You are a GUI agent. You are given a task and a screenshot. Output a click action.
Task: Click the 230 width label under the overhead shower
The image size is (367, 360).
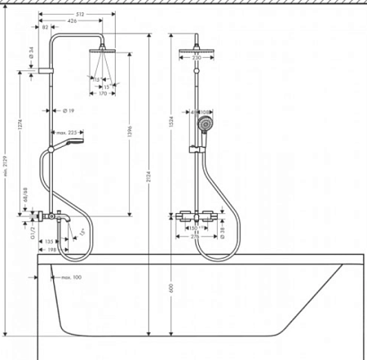[x=196, y=59]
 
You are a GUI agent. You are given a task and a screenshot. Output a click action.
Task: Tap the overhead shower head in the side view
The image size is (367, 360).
[x=102, y=51]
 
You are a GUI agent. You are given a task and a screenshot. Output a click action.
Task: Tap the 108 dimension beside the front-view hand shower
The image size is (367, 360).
[x=207, y=111]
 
